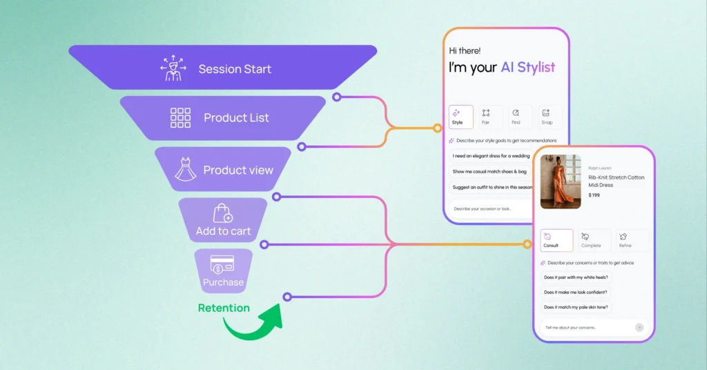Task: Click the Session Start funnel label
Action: [235, 69]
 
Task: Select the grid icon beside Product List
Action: [180, 118]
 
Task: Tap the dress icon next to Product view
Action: [185, 169]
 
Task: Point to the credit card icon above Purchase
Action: [222, 263]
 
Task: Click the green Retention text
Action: [224, 308]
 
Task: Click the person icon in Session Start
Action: [173, 69]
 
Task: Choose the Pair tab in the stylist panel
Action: [486, 117]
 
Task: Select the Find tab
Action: [516, 117]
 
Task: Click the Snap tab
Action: [546, 117]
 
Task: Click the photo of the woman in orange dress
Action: [560, 182]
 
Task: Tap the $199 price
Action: [594, 195]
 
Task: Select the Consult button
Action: [556, 240]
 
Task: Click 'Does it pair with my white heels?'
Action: [577, 277]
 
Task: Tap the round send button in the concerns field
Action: [639, 327]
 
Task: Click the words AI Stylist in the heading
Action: [527, 67]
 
